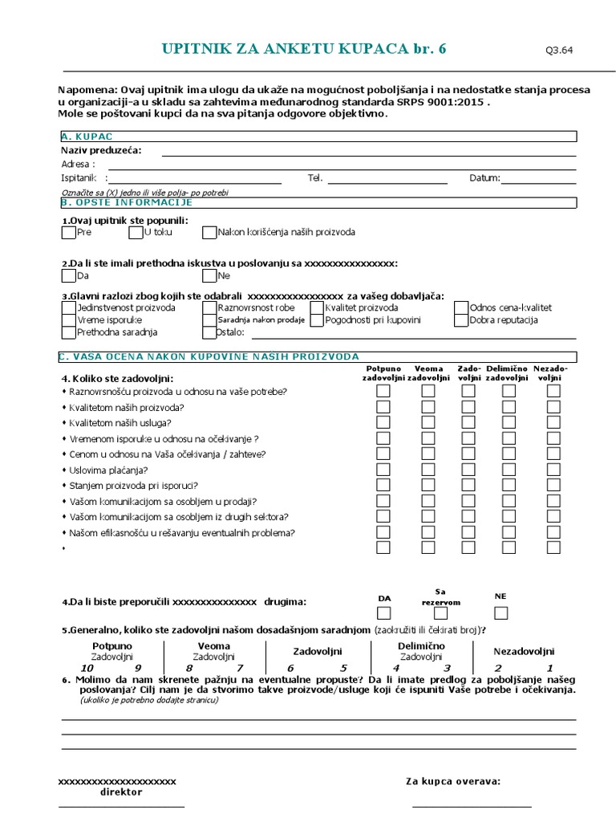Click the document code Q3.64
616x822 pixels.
coord(559,51)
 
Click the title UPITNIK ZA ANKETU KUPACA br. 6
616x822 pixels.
coord(304,49)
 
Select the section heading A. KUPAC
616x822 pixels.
coord(86,137)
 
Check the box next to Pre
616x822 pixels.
coord(68,233)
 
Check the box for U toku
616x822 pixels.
coord(135,233)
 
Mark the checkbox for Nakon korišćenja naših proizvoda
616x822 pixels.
coord(209,233)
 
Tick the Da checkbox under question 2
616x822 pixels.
coord(68,276)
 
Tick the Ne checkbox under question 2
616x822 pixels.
coord(209,276)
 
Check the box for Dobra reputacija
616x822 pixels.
coord(461,320)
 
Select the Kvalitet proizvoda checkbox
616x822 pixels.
coord(317,307)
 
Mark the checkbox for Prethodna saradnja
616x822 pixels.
coord(68,332)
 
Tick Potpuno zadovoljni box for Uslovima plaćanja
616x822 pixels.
coord(383,470)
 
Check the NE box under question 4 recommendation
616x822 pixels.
coord(501,614)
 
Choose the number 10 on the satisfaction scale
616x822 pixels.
coord(87,668)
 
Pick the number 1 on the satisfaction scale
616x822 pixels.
coord(549,668)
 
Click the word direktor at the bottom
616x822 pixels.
coord(121,792)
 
